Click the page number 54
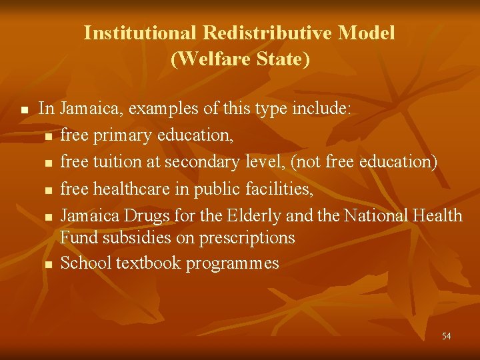[446, 336]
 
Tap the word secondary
[202, 162]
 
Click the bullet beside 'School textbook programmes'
[48, 264]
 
